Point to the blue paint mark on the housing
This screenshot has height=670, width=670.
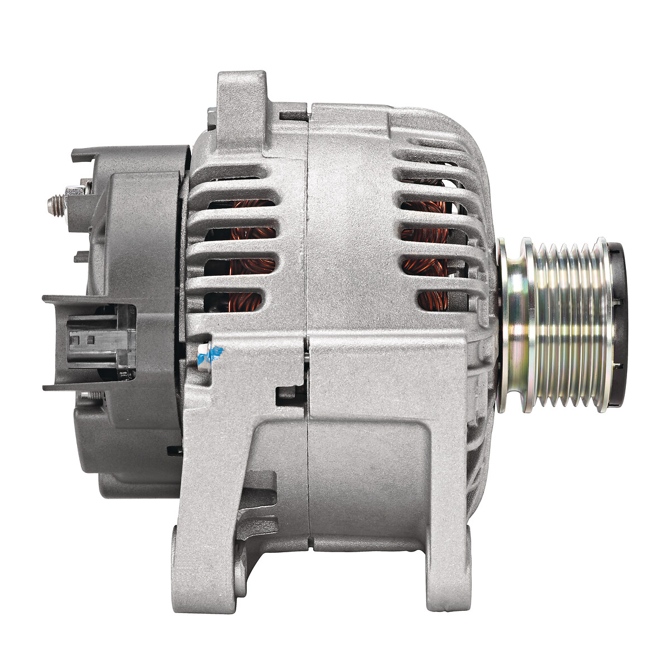(215, 353)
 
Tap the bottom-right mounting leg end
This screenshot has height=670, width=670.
(447, 586)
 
